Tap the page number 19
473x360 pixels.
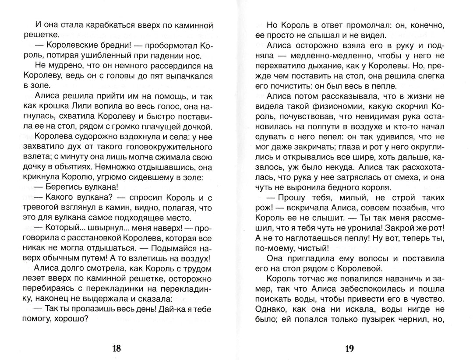(349, 349)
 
